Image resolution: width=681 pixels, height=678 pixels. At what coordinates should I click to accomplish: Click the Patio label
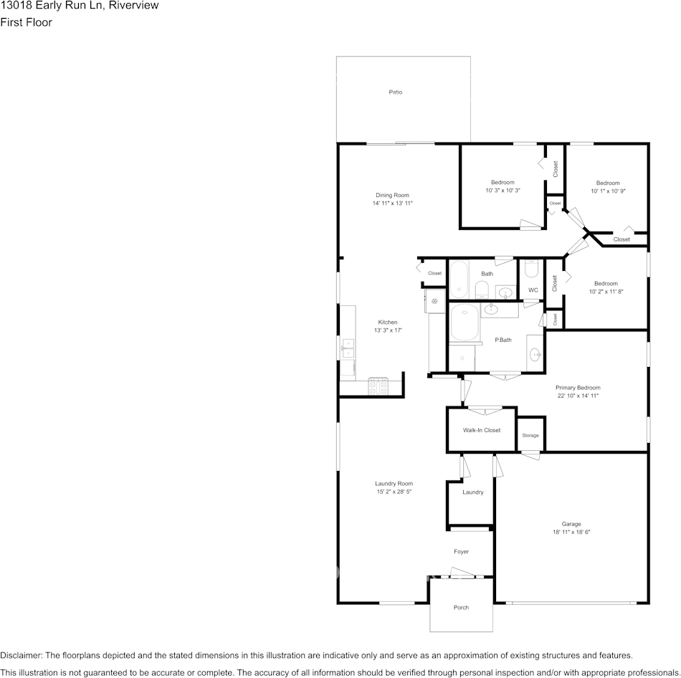pos(395,92)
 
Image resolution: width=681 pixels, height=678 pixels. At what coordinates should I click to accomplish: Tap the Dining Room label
pos(392,195)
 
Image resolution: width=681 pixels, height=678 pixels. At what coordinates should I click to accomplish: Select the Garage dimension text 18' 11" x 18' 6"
pos(571,532)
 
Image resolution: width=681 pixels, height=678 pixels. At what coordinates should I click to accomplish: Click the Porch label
pos(461,607)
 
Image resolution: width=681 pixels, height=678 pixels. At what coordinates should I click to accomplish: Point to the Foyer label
pos(461,551)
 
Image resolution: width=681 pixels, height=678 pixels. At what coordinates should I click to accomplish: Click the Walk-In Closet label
pos(482,430)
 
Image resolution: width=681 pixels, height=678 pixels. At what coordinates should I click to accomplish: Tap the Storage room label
pos(530,435)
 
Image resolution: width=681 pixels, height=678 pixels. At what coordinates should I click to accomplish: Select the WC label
pos(533,290)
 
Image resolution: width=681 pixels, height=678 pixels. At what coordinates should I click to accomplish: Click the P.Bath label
pos(503,340)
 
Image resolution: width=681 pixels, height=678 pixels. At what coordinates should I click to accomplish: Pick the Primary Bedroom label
pos(578,388)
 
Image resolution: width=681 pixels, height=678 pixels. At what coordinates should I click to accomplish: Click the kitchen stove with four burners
pos(378,386)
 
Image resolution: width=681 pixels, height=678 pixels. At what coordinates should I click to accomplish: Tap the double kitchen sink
pos(348,348)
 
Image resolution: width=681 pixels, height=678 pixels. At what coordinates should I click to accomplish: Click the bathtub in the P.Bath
pos(465,323)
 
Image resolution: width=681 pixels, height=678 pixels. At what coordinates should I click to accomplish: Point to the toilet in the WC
pos(532,269)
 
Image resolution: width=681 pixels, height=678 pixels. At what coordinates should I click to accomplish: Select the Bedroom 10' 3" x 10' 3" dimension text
pos(503,190)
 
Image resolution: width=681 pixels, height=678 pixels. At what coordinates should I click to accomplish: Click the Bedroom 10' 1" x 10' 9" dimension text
pos(608,191)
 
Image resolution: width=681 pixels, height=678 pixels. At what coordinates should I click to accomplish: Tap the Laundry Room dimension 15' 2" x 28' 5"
pos(394,492)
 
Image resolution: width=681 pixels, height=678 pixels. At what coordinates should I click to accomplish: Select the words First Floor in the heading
pos(26,22)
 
